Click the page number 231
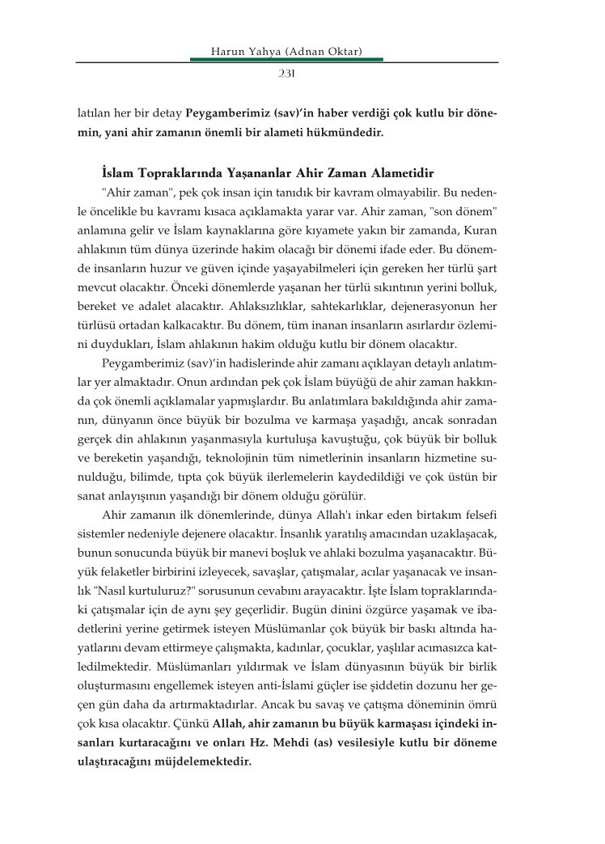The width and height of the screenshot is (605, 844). coord(286,74)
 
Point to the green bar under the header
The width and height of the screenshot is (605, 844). coord(286,59)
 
